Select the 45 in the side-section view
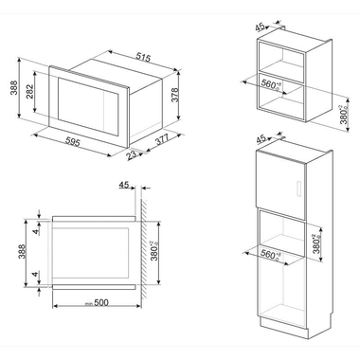pyautogui.click(x=125, y=186)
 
